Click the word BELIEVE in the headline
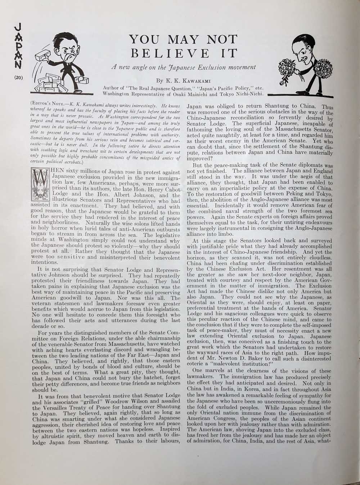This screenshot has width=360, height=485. coord(170,54)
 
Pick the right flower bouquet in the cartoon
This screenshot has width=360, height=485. coord(323,68)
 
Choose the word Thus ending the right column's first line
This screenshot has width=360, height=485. coord(327,107)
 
